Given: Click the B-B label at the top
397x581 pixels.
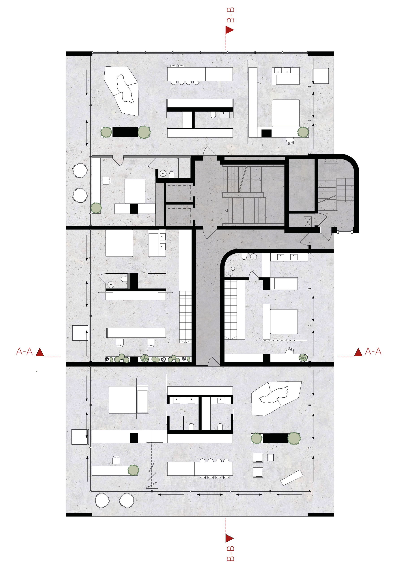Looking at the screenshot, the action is [230, 15].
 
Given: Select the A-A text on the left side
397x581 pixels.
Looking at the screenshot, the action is [24, 351].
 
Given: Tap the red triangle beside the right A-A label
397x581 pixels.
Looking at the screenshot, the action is [358, 352].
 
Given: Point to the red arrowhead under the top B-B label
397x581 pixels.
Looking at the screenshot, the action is [229, 30].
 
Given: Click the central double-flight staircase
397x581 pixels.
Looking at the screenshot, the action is [244, 195].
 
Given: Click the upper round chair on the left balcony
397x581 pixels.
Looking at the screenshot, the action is [80, 170].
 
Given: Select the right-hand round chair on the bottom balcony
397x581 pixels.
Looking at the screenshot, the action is [127, 500].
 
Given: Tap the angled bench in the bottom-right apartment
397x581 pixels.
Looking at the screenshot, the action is [291, 478].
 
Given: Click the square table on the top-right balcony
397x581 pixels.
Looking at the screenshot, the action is [320, 76].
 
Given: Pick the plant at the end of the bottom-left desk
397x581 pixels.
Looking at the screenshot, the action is [133, 470].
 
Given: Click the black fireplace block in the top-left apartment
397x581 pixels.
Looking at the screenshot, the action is [125, 132].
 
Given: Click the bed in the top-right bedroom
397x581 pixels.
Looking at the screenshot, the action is [285, 113].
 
